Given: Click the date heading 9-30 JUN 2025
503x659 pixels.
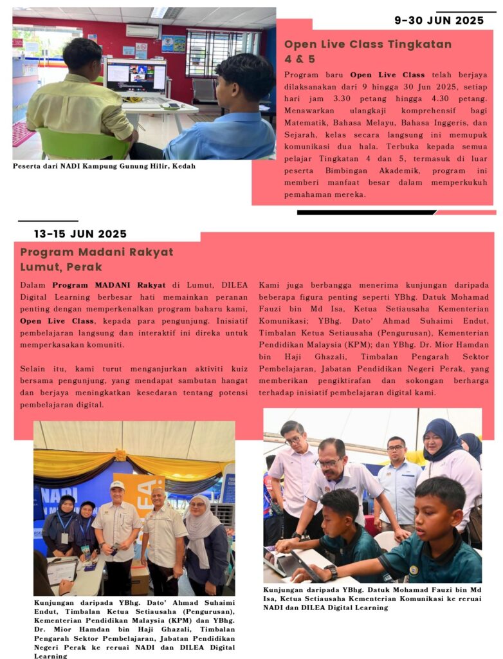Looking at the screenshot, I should (439, 21).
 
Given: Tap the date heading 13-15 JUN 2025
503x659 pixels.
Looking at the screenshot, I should (80, 234).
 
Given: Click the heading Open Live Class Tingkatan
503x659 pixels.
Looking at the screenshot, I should (368, 44).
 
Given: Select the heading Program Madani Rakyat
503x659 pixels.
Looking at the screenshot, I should (96, 252).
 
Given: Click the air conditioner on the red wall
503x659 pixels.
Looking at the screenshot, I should (142, 31).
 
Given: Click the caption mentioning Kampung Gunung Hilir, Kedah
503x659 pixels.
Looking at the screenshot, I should (104, 166).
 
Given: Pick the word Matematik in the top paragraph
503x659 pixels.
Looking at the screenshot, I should (307, 120).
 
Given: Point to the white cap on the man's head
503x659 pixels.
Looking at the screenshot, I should (117, 485).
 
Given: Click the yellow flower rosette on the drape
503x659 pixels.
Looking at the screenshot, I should (120, 455).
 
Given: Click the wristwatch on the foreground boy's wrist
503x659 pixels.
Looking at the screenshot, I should (331, 570).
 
